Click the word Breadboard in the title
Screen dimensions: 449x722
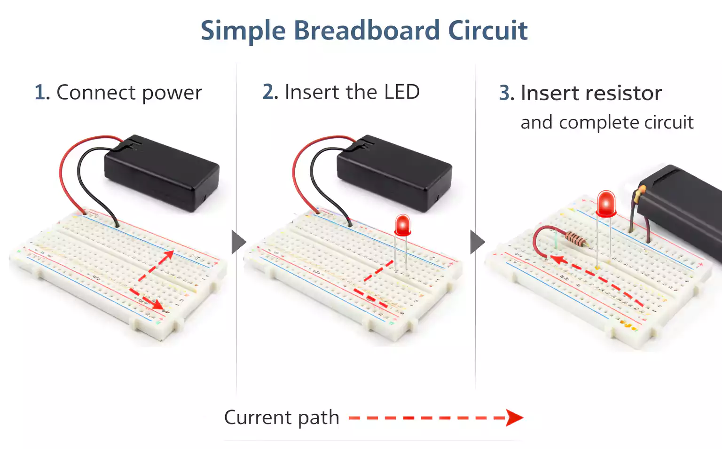367,31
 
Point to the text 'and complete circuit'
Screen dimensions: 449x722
606,122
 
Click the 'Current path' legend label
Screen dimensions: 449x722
281,417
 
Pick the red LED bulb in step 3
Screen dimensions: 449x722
606,203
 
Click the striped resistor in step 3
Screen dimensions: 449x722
576,239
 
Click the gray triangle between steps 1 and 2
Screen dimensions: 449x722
238,242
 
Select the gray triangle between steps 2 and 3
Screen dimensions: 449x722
477,242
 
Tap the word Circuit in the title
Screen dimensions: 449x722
487,31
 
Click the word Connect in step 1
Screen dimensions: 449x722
96,92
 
